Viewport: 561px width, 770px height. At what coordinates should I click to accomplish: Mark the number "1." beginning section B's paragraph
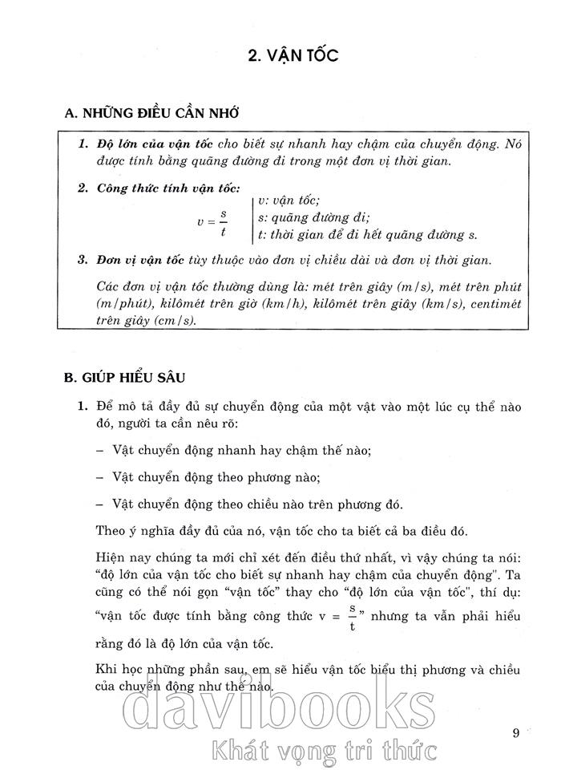point(83,407)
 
